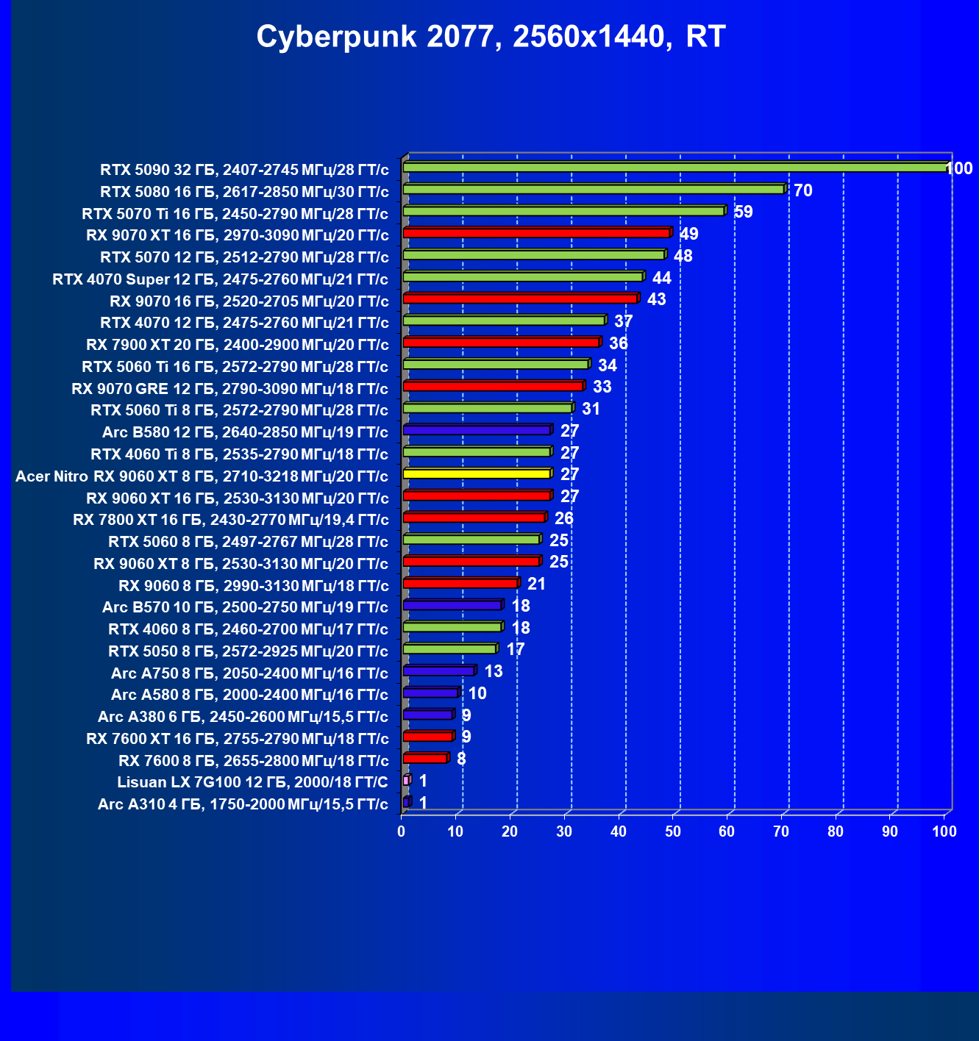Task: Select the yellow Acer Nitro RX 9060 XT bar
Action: pos(478,473)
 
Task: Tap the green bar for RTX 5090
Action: pos(677,167)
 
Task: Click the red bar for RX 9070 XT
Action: pos(538,232)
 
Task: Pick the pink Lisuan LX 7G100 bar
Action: pos(407,780)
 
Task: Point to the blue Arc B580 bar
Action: pos(478,430)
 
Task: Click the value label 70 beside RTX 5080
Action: pos(802,190)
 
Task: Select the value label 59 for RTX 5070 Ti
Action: pos(743,212)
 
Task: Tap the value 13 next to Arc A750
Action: pos(493,671)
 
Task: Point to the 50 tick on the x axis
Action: pos(672,831)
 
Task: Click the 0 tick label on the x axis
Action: pos(402,831)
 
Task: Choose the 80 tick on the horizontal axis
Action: pos(836,831)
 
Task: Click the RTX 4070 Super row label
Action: pos(221,279)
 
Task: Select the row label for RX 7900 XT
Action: pos(237,344)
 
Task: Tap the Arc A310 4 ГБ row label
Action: pos(243,804)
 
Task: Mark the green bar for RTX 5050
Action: pos(451,649)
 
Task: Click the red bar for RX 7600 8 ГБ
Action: pos(427,758)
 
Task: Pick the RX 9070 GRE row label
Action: pos(229,388)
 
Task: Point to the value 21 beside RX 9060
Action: pos(536,584)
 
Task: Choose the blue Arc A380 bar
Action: pos(429,715)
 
